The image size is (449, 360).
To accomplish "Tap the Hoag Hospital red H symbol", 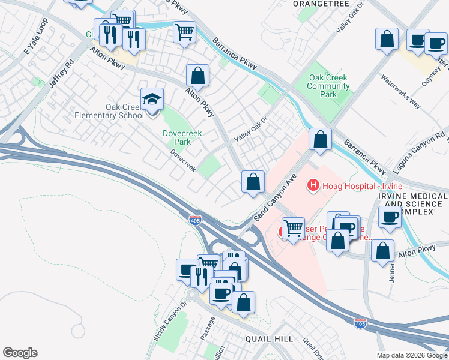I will point(312,186).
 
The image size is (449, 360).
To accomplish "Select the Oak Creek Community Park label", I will point(328,86).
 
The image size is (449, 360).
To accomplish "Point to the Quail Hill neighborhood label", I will point(269,339).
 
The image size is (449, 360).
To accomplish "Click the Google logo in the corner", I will point(20,353).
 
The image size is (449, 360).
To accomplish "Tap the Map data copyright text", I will point(412,355).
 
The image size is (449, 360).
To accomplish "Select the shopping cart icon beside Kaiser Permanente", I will point(293,228).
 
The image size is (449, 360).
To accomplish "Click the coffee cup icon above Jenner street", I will point(390,217).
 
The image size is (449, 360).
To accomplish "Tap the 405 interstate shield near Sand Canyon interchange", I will point(195,220).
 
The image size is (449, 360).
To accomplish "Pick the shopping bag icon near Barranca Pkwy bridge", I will point(321,139).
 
